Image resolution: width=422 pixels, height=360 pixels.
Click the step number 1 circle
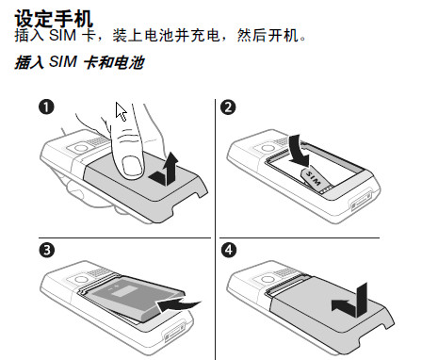click(x=46, y=107)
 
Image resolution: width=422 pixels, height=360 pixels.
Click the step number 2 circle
click(x=228, y=107)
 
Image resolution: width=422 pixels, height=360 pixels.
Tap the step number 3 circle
click(x=46, y=251)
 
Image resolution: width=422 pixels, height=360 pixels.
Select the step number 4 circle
click(x=229, y=251)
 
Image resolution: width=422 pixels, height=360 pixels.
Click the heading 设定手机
click(x=54, y=18)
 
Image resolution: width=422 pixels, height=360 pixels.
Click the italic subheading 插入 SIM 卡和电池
click(x=79, y=62)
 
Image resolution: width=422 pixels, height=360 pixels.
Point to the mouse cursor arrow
click(x=122, y=111)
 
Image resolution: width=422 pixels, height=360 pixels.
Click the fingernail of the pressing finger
click(x=132, y=167)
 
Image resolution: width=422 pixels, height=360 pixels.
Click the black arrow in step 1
click(x=164, y=170)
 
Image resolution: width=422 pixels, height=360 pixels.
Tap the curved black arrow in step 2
click(x=300, y=151)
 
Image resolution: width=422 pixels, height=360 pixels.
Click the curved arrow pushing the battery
click(x=178, y=305)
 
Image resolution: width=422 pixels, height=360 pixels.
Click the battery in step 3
click(x=135, y=299)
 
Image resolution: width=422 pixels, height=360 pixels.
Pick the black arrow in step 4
click(x=350, y=302)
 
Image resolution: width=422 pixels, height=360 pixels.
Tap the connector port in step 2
click(x=361, y=201)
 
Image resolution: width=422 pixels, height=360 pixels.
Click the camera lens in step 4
click(x=268, y=279)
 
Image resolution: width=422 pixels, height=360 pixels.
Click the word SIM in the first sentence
click(x=62, y=35)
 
